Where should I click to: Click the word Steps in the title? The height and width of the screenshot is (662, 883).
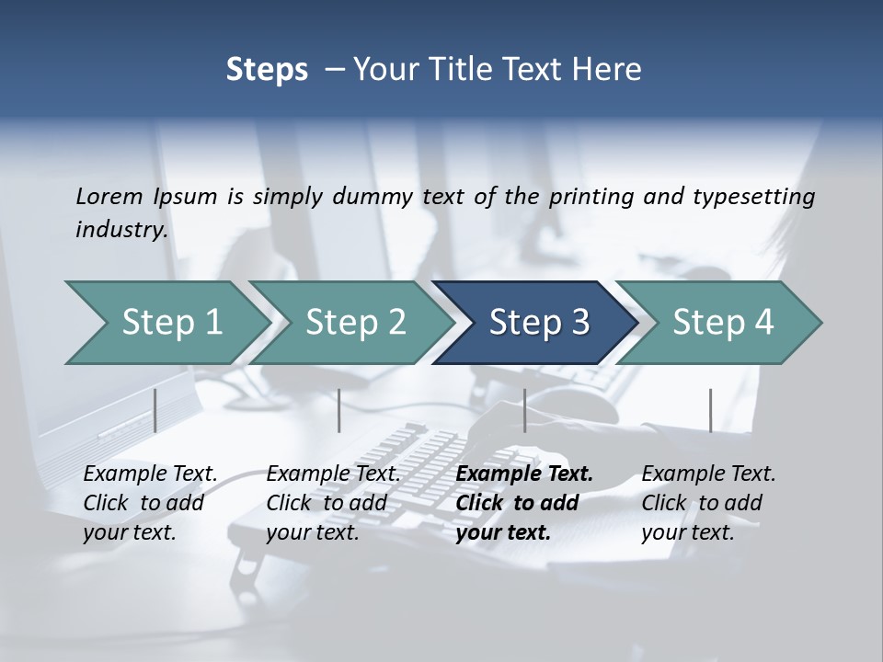[267, 70]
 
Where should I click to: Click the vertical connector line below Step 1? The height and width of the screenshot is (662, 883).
[155, 410]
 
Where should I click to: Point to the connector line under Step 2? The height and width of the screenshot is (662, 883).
[339, 410]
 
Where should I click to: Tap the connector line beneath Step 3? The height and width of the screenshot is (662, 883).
[524, 410]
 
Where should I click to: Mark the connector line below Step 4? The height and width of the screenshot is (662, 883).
[710, 410]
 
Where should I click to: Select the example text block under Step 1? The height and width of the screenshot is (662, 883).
[150, 503]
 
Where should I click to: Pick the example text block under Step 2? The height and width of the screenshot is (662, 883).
[333, 503]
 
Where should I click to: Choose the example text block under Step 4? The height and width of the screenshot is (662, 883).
[708, 503]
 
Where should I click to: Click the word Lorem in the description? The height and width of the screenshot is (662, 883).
[109, 196]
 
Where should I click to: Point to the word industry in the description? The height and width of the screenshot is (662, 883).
[120, 229]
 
